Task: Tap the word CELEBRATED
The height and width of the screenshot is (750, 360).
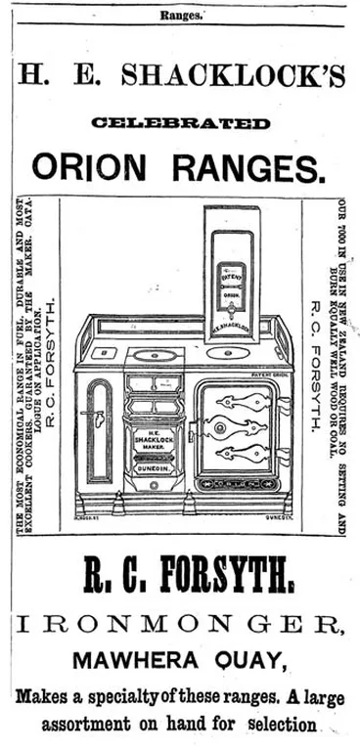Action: click(180, 122)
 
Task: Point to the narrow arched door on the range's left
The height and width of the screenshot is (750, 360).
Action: click(101, 425)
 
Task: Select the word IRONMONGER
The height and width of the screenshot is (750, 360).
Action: click(180, 625)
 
